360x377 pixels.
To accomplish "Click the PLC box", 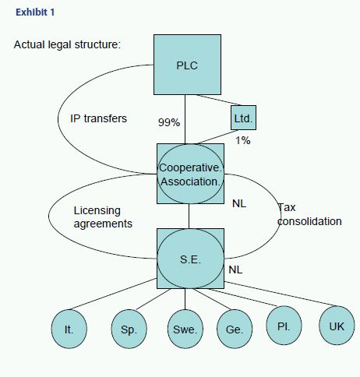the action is [x=187, y=65].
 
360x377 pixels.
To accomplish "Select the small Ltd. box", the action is [x=243, y=118].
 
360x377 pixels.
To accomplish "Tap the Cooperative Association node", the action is [x=190, y=174].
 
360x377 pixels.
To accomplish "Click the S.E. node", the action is [x=190, y=259].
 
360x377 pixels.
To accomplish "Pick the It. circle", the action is [x=69, y=329].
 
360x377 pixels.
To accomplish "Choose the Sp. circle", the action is [x=129, y=329].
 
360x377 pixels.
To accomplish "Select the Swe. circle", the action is [x=185, y=329].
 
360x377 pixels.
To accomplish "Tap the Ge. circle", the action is [x=235, y=329].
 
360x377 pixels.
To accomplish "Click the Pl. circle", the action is [x=284, y=326].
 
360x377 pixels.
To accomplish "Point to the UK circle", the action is [x=337, y=326].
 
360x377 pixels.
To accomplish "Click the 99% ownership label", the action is [x=169, y=122].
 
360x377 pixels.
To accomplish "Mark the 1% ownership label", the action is [x=243, y=140].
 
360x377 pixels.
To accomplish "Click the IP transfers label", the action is [x=98, y=118].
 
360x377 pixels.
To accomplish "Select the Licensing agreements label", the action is [x=103, y=217].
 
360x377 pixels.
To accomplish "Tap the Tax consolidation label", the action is [x=309, y=214].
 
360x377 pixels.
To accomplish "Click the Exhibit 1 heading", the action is [x=35, y=12].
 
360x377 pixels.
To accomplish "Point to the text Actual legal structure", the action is [x=67, y=44].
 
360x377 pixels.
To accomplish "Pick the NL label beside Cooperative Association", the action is [x=239, y=204].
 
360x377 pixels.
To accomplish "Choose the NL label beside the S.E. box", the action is [x=235, y=270].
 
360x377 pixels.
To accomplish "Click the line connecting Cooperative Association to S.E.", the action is [x=189, y=217].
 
